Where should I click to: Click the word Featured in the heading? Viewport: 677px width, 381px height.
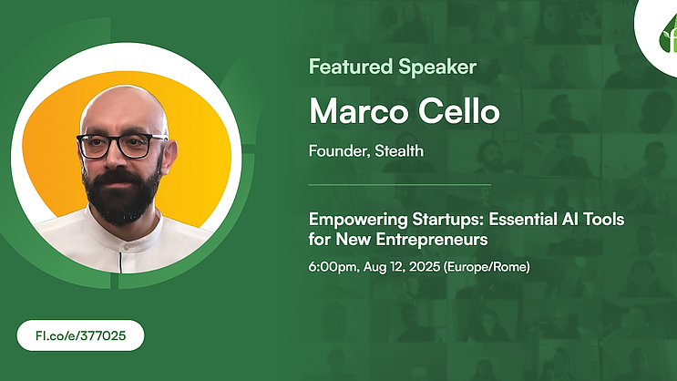(x=351, y=67)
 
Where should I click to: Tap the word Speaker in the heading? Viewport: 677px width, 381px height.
(x=437, y=67)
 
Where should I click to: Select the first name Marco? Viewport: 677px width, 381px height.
(x=359, y=111)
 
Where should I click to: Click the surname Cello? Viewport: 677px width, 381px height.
(x=459, y=110)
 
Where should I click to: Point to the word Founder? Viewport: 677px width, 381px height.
(x=339, y=151)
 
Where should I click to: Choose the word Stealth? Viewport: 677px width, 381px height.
(x=399, y=150)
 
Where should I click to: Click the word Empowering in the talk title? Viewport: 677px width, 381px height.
(x=358, y=220)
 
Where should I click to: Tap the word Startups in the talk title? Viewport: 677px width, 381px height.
(x=447, y=220)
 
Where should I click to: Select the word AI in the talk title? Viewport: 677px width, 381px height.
(x=569, y=219)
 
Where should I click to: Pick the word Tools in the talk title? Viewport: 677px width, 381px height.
(x=603, y=219)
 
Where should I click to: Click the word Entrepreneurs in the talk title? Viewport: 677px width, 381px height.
(x=432, y=240)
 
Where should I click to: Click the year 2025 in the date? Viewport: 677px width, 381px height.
(x=425, y=266)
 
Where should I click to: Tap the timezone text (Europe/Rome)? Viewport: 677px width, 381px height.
(x=487, y=267)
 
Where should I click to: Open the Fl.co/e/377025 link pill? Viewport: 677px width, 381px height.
(x=81, y=335)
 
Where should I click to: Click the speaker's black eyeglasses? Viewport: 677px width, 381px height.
(x=122, y=146)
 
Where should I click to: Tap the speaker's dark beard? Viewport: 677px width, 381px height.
(x=122, y=194)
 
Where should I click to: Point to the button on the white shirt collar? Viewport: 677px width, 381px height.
(x=127, y=247)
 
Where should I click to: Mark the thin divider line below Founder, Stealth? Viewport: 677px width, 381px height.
(x=400, y=185)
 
